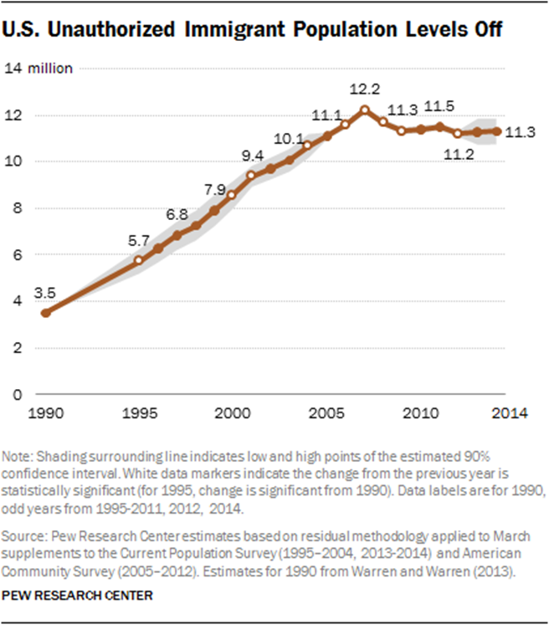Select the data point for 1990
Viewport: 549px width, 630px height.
pos(45,312)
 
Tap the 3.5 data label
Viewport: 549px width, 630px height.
pos(44,294)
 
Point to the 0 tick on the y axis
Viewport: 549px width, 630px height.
pos(17,393)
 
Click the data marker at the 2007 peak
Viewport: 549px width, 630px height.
pos(364,110)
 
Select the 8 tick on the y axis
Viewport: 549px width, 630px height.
pos(17,207)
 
